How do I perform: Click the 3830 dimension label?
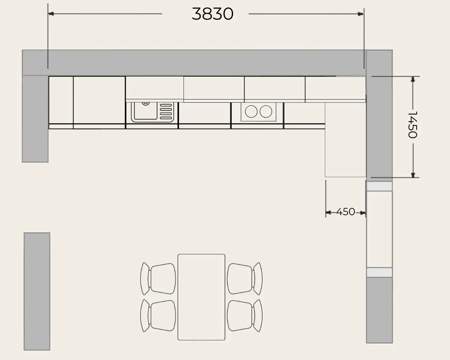pyautogui.click(x=212, y=14)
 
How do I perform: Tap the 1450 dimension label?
pyautogui.click(x=413, y=125)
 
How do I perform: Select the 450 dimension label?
pyautogui.click(x=346, y=212)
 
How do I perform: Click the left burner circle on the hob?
pyautogui.click(x=251, y=111)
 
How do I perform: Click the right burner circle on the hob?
pyautogui.click(x=266, y=111)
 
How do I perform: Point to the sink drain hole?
pyautogui.click(x=146, y=103)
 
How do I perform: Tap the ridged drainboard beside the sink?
pyautogui.click(x=166, y=111)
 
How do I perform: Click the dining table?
pyautogui.click(x=201, y=297)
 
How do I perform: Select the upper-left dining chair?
pyautogui.click(x=158, y=279)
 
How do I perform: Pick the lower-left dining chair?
pyautogui.click(x=158, y=316)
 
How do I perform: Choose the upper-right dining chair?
pyautogui.click(x=245, y=279)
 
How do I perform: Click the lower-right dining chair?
pyautogui.click(x=245, y=316)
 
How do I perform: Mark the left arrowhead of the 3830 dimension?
pyautogui.click(x=51, y=14)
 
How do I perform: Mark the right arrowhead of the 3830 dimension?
pyautogui.click(x=360, y=14)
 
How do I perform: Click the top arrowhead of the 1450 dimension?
pyautogui.click(x=413, y=79)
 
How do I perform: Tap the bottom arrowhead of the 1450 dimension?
pyautogui.click(x=413, y=175)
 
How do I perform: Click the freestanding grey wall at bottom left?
pyautogui.click(x=37, y=291)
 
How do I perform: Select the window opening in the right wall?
pyautogui.click(x=379, y=229)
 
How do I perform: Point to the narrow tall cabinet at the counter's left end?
pyautogui.click(x=61, y=103)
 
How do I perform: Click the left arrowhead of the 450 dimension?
pyautogui.click(x=328, y=213)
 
